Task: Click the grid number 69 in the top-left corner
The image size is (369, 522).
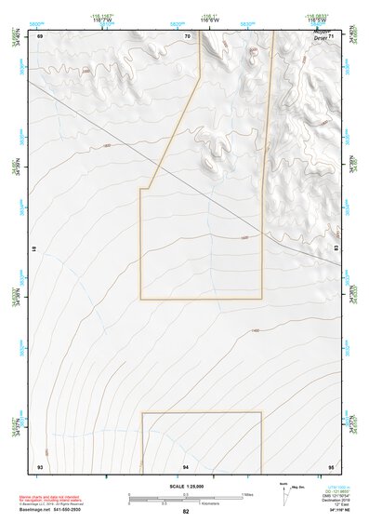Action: pyautogui.click(x=40, y=36)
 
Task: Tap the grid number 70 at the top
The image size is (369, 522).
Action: pyautogui.click(x=187, y=36)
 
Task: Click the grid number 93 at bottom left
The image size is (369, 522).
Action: pyautogui.click(x=40, y=465)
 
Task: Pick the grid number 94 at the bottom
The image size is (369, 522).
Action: pyautogui.click(x=186, y=465)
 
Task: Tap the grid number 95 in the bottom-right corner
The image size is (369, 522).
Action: pyautogui.click(x=330, y=465)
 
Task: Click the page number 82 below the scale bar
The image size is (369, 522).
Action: pyautogui.click(x=186, y=511)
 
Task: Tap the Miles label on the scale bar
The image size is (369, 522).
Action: pyautogui.click(x=247, y=494)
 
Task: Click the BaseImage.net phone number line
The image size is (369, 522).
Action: pyautogui.click(x=50, y=510)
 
